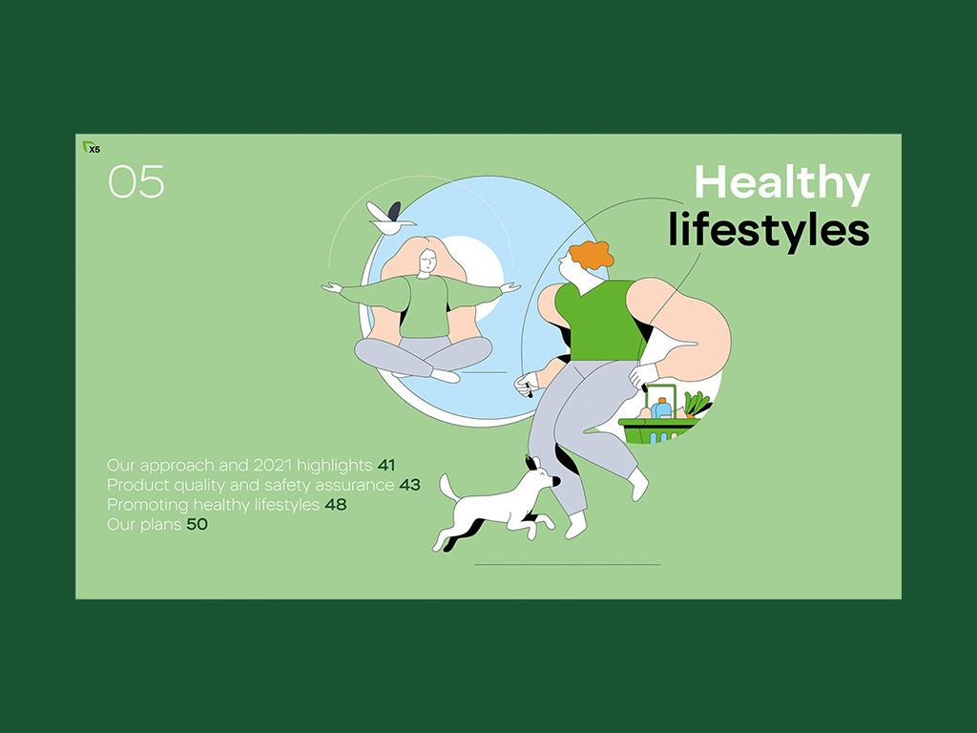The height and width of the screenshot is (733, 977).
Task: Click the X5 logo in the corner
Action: (92, 148)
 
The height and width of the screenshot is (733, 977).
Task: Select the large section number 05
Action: (136, 182)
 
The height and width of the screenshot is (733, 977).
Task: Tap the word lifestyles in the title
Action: (769, 230)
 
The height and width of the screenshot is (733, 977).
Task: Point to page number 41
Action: (386, 465)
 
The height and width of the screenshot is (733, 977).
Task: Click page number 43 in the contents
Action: (410, 485)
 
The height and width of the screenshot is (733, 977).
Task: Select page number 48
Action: (336, 504)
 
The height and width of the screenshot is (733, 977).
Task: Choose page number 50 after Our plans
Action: (197, 524)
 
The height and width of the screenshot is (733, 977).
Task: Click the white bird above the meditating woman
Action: (390, 219)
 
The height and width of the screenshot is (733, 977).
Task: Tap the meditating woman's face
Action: (427, 261)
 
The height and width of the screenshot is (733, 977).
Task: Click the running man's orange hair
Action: (591, 254)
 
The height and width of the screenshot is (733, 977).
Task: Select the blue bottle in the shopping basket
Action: (662, 408)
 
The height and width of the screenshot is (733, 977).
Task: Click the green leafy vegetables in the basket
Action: (697, 404)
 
